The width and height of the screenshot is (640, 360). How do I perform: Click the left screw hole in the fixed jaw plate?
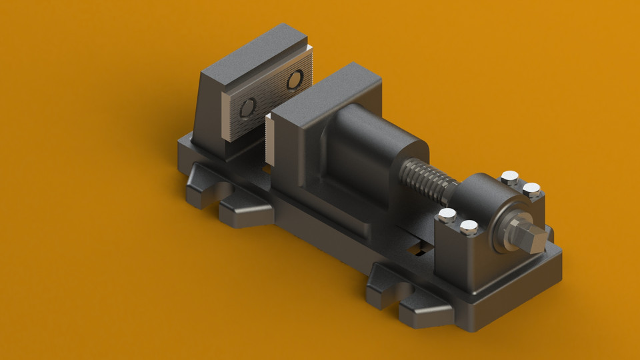(x=248, y=106)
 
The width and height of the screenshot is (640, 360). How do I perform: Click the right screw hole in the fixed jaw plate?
(x=294, y=81)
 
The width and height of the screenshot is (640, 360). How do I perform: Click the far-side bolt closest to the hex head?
(x=531, y=190)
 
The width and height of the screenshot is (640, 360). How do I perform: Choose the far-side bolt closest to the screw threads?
(x=509, y=177)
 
